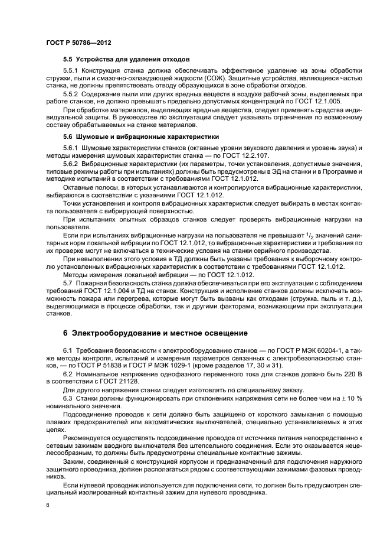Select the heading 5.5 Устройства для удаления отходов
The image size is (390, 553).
click(x=126, y=60)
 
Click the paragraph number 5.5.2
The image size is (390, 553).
click(x=72, y=94)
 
